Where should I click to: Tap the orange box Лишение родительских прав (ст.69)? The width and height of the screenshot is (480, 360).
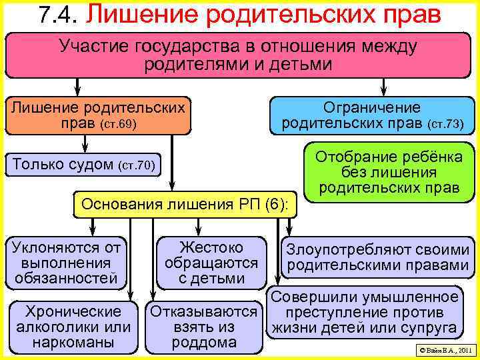[98, 115]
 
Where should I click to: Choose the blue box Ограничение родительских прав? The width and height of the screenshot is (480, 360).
[372, 115]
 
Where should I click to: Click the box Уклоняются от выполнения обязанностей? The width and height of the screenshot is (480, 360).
[67, 263]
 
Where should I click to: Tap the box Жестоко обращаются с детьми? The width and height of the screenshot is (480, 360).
[211, 263]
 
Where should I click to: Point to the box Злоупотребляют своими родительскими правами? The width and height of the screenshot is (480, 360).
[377, 258]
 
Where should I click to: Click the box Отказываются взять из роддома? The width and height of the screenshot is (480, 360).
[204, 327]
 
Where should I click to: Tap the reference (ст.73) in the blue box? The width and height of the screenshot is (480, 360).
[444, 124]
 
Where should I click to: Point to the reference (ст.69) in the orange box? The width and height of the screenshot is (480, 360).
[118, 125]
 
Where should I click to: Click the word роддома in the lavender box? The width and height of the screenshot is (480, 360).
[204, 343]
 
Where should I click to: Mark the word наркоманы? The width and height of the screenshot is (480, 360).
[73, 343]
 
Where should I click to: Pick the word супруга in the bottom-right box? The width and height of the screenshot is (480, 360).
[431, 327]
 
